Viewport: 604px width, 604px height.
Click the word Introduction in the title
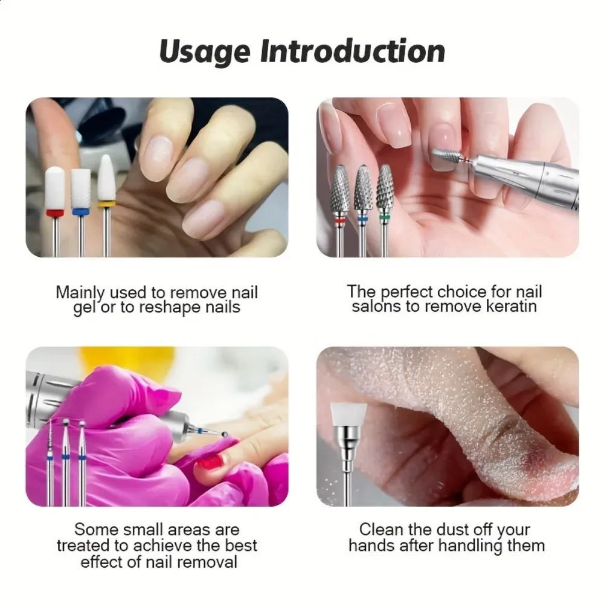[x=353, y=51]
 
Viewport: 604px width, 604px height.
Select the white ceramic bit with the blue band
[x=81, y=212]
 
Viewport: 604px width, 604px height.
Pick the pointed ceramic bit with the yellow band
[x=106, y=204]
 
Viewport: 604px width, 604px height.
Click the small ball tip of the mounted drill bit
[x=224, y=435]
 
